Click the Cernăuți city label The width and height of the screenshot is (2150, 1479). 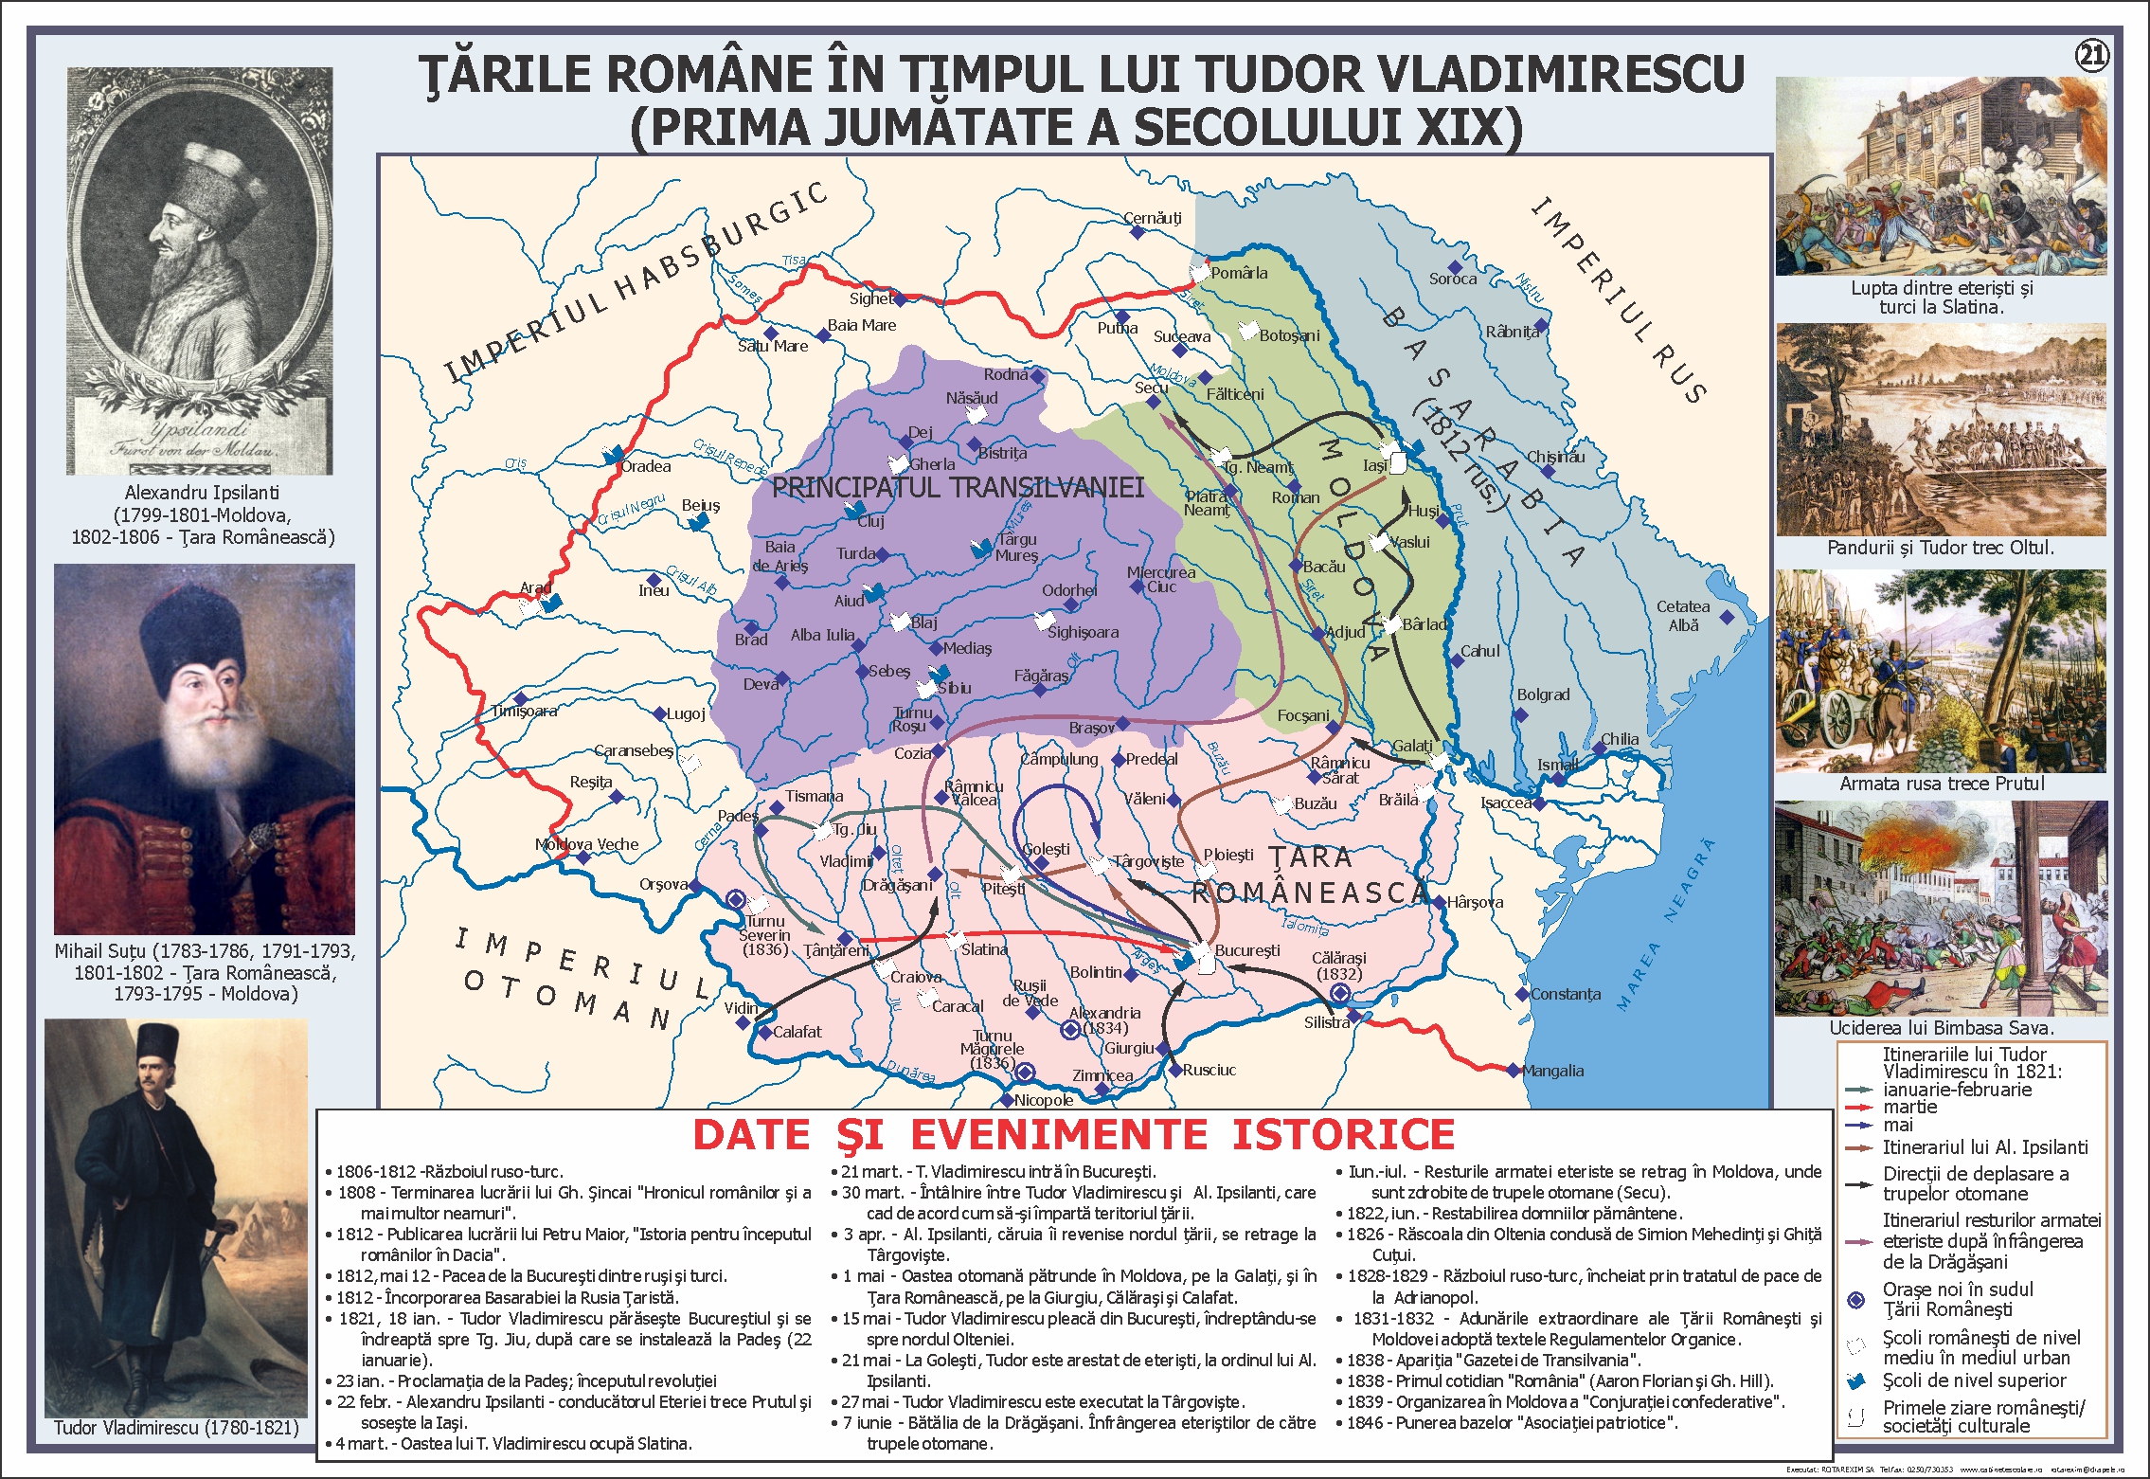point(1152,218)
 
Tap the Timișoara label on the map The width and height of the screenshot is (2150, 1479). point(524,712)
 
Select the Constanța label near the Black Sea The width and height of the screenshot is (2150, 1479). point(1566,994)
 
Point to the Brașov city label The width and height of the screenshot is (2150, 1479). point(1091,728)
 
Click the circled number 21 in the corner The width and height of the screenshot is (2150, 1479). point(2091,56)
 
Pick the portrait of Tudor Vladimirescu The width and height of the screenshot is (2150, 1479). point(176,1217)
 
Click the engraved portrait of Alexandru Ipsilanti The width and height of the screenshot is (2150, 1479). point(200,270)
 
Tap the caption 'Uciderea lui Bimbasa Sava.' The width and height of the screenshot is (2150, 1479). point(1941,1028)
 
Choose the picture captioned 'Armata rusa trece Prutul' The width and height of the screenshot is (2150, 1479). point(1941,671)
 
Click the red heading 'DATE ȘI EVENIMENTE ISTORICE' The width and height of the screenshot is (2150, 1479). point(1073,1135)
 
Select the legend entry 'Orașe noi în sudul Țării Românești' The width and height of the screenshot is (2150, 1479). point(1957,1299)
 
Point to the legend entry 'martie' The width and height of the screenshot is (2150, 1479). point(1909,1107)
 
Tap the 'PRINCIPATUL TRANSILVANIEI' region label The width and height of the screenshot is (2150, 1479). point(958,488)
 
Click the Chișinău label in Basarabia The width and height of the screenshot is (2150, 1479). point(1555,457)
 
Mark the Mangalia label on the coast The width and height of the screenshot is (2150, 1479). point(1552,1071)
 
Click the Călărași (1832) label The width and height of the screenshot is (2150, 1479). point(1338,965)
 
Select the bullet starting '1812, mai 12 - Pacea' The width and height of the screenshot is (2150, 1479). point(530,1276)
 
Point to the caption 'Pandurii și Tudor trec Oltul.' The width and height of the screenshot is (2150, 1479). point(1941,548)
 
